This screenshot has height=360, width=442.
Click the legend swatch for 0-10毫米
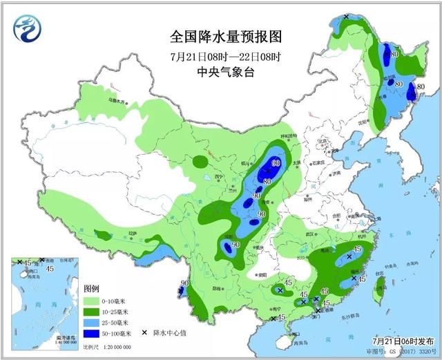pyautogui.click(x=92, y=301)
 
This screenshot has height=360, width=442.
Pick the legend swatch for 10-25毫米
pyautogui.click(x=92, y=312)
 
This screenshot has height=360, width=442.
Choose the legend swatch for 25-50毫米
pyautogui.click(x=92, y=322)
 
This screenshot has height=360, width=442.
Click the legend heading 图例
pyautogui.click(x=92, y=287)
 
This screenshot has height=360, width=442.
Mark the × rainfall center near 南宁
pyautogui.click(x=273, y=318)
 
